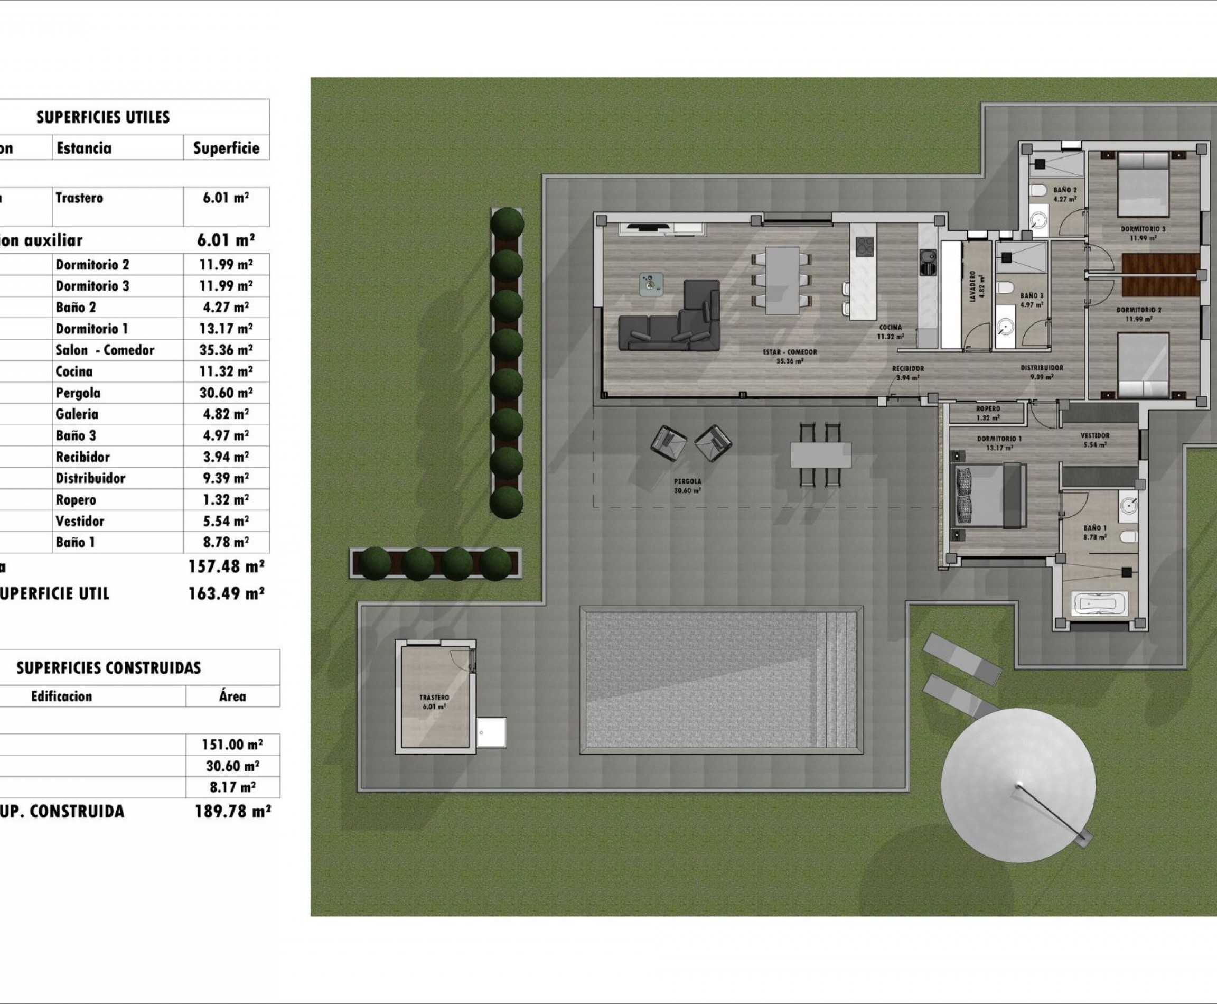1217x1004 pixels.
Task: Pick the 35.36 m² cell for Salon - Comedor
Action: (x=226, y=350)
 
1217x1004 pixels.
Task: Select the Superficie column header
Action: (x=226, y=148)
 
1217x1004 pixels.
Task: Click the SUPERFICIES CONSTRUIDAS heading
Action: (x=109, y=668)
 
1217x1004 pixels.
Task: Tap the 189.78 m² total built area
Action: (x=232, y=812)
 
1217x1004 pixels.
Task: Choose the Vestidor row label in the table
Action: (x=80, y=521)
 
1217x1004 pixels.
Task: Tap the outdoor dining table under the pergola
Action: (x=820, y=454)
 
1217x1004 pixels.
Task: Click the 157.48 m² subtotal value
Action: (x=226, y=566)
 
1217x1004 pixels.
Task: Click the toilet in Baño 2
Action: (x=1039, y=190)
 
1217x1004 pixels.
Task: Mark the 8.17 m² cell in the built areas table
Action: (x=232, y=787)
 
